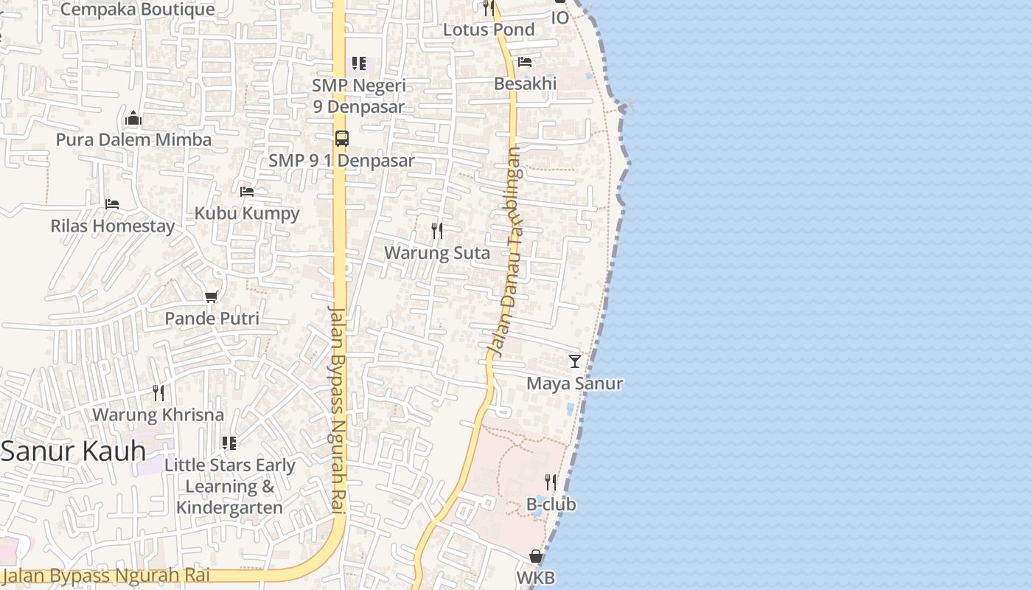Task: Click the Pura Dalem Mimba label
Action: click(133, 139)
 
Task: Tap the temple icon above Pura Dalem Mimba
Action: click(133, 118)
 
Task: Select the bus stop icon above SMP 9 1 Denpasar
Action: click(341, 138)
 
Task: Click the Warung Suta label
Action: click(437, 253)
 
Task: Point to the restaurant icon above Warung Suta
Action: click(437, 231)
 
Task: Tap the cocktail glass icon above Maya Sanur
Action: click(575, 361)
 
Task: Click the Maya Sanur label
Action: click(575, 383)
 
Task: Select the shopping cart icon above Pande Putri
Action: click(212, 296)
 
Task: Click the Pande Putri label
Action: click(212, 319)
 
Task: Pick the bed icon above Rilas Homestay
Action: click(112, 204)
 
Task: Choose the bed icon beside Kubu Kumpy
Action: click(247, 192)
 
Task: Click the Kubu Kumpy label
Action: click(247, 213)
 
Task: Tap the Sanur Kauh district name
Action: click(73, 451)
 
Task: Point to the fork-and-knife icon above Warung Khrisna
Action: click(158, 392)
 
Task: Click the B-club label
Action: click(551, 504)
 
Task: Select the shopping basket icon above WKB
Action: click(536, 556)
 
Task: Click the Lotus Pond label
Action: click(489, 29)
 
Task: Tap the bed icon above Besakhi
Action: click(525, 62)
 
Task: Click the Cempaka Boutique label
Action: click(137, 10)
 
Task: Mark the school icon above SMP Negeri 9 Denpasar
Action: click(359, 63)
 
